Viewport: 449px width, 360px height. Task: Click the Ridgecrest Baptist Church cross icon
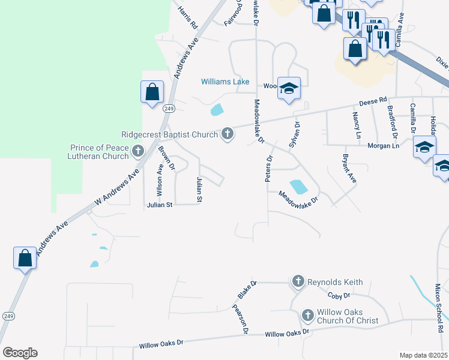click(x=227, y=134)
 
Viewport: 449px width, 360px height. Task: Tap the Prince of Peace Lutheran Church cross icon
click(x=138, y=151)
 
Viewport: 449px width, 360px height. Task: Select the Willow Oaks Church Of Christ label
click(x=348, y=316)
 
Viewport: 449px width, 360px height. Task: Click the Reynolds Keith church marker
click(x=298, y=281)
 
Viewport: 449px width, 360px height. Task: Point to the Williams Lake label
click(x=225, y=82)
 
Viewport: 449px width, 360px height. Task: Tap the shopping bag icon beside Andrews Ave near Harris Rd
click(x=152, y=92)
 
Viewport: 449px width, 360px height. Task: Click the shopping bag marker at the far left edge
click(x=25, y=258)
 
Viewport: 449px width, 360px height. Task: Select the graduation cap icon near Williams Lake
click(x=289, y=88)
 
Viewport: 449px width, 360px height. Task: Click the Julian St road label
click(x=160, y=205)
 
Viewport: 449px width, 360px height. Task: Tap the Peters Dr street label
click(x=270, y=169)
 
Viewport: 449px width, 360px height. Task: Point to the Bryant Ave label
click(x=349, y=169)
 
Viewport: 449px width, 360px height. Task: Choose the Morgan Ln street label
click(x=387, y=146)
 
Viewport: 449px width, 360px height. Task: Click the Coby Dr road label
click(x=339, y=296)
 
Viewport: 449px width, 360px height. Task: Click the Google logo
click(x=20, y=353)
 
